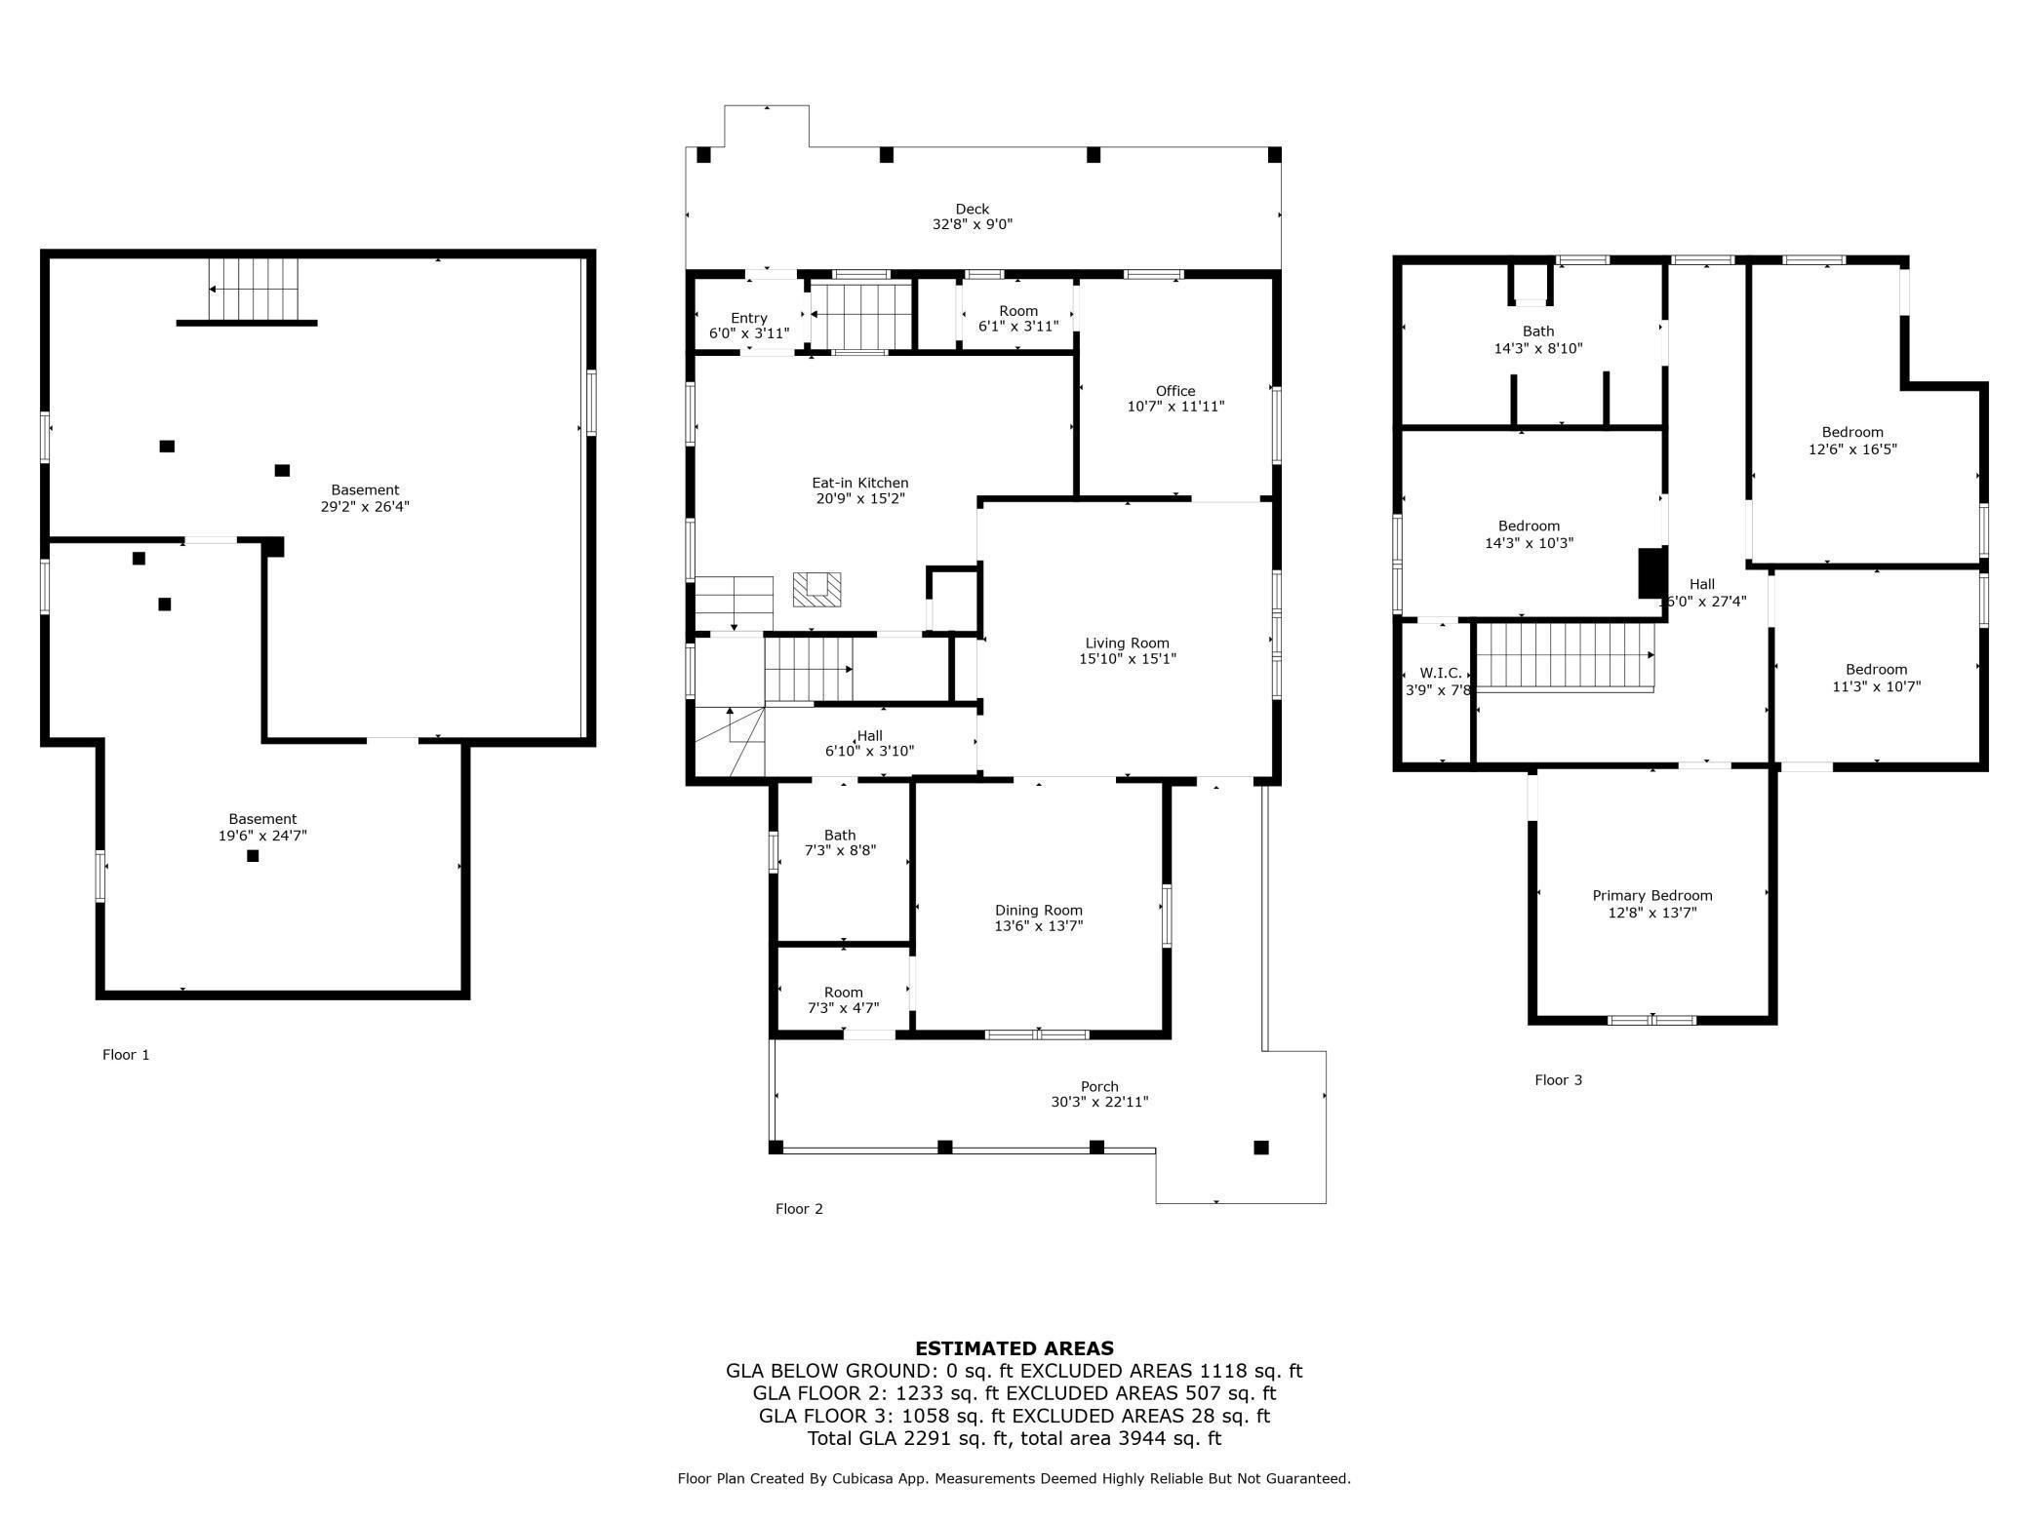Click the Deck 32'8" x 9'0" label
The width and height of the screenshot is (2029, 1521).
(x=972, y=216)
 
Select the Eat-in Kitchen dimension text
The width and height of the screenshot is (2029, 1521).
(x=859, y=499)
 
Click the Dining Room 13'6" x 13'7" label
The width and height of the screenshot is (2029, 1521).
(x=1038, y=918)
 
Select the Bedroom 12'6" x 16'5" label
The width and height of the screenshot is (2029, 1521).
(x=1851, y=441)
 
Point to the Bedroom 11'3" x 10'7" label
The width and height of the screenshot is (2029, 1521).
(x=1876, y=678)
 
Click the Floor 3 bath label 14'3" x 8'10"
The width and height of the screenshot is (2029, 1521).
(x=1537, y=339)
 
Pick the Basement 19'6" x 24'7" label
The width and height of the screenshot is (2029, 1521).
(x=262, y=827)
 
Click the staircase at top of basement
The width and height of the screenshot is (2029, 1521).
(x=254, y=290)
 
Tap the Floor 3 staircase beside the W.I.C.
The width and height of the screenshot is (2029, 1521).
(x=1565, y=656)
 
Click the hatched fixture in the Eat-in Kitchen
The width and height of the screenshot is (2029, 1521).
(x=816, y=590)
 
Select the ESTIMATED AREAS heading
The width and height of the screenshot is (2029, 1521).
(x=1014, y=1348)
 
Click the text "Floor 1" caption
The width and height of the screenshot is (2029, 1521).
(x=126, y=1055)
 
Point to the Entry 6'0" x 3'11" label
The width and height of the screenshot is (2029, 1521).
(x=748, y=326)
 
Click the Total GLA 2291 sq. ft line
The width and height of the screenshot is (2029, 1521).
(x=1014, y=1438)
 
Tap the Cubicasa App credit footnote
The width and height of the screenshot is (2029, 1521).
(x=1014, y=1479)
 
